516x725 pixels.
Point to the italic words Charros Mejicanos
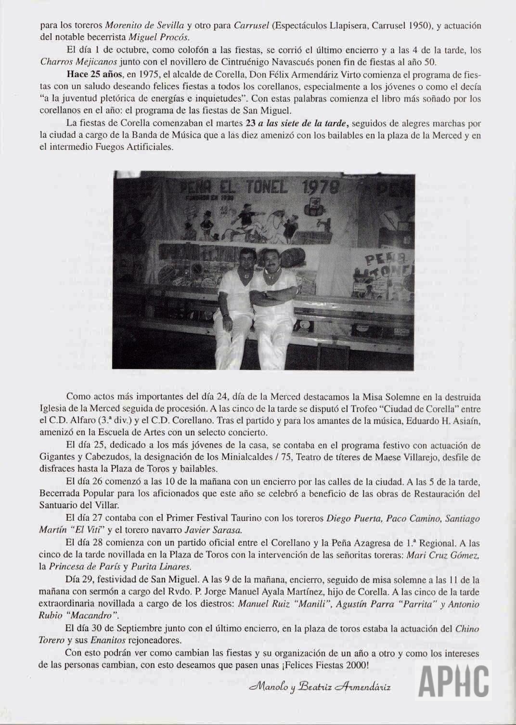[x=70, y=62]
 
